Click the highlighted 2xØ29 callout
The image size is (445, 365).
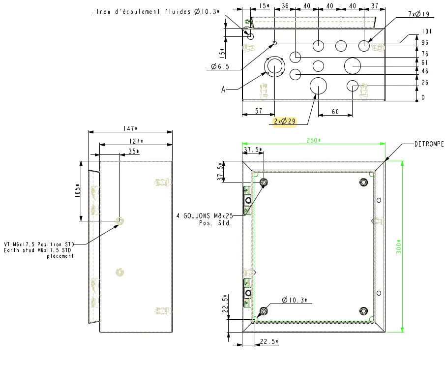click(x=284, y=122)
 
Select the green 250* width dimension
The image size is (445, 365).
click(x=313, y=140)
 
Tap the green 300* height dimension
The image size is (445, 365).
click(x=399, y=246)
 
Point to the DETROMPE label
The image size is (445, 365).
click(x=429, y=144)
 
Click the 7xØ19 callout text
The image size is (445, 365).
click(x=418, y=14)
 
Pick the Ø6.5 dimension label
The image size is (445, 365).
click(x=220, y=66)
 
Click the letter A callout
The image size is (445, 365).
click(x=223, y=90)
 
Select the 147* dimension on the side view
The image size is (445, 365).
click(x=130, y=128)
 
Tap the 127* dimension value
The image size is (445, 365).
click(x=136, y=141)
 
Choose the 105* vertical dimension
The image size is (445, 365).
click(x=78, y=191)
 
